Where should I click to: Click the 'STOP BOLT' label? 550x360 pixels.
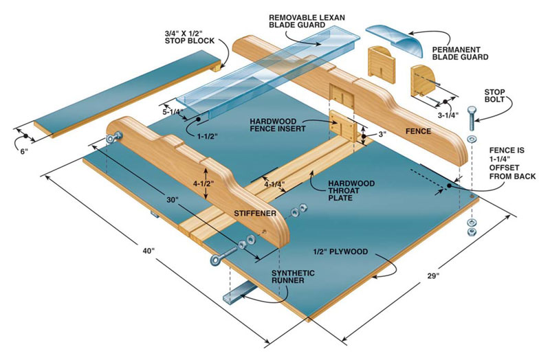[x=495, y=95]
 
